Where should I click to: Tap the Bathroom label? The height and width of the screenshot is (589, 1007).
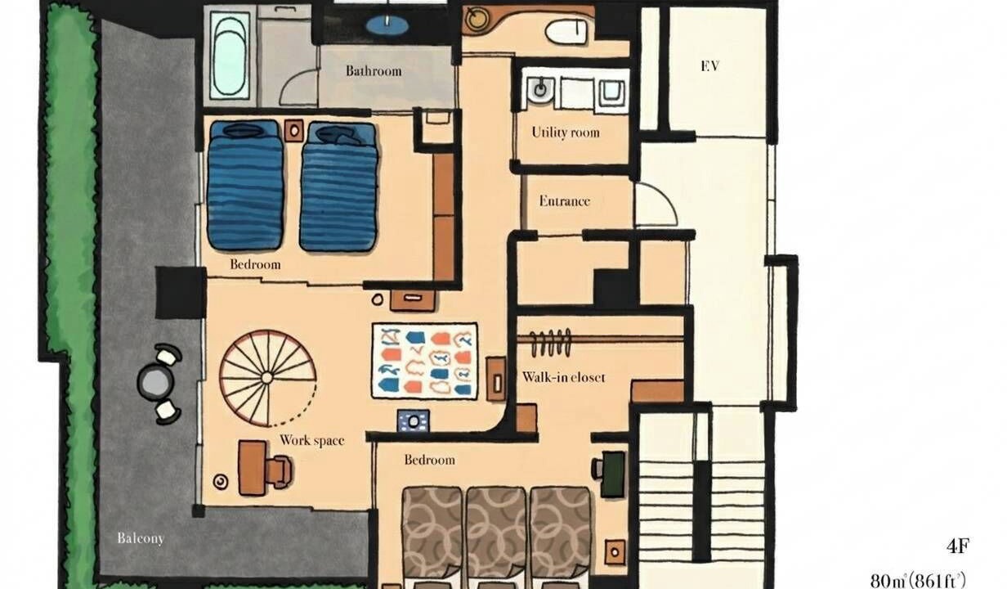pyautogui.click(x=374, y=71)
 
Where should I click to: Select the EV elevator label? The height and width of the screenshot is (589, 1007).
pyautogui.click(x=709, y=66)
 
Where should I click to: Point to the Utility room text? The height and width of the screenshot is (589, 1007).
pyautogui.click(x=566, y=133)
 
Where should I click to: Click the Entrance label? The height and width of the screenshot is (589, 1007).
pyautogui.click(x=564, y=200)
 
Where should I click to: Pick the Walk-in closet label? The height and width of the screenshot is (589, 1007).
pyautogui.click(x=564, y=377)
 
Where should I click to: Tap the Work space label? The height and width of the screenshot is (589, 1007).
pyautogui.click(x=312, y=440)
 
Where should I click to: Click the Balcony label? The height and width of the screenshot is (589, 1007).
pyautogui.click(x=141, y=538)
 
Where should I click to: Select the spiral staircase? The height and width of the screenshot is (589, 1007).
pyautogui.click(x=268, y=379)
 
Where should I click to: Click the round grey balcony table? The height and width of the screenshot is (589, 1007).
pyautogui.click(x=155, y=382)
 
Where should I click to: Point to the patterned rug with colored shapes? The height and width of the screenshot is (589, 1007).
pyautogui.click(x=425, y=361)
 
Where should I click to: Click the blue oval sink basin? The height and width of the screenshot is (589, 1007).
pyautogui.click(x=387, y=25)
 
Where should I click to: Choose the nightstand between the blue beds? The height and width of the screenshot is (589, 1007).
pyautogui.click(x=294, y=131)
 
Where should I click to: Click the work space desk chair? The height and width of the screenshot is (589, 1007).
pyautogui.click(x=280, y=471)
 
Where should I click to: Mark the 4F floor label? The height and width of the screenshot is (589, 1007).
pyautogui.click(x=958, y=546)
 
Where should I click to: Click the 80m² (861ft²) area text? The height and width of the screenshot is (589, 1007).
pyautogui.click(x=918, y=581)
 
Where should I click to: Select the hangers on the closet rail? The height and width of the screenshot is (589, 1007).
pyautogui.click(x=550, y=344)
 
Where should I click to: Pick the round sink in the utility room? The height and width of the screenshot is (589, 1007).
pyautogui.click(x=539, y=88)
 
